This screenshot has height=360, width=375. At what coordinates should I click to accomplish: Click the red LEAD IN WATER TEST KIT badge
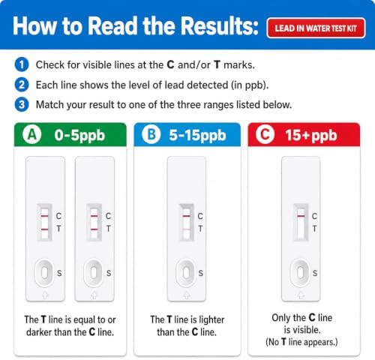(x=316, y=28)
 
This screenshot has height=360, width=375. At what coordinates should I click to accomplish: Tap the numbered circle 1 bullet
(x=22, y=64)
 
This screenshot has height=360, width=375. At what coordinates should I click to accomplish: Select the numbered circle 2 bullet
(x=22, y=85)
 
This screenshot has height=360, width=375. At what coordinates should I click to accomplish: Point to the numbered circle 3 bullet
(x=22, y=104)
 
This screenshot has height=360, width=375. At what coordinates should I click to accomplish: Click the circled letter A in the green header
(x=32, y=135)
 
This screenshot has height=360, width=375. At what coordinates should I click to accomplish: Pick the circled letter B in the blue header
(x=151, y=135)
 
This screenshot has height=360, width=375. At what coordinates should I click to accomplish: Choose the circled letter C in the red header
(x=265, y=135)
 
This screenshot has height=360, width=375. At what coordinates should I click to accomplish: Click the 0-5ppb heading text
(x=79, y=136)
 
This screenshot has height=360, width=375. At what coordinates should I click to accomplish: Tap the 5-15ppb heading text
(x=197, y=136)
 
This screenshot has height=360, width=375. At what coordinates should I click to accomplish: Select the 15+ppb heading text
(x=311, y=136)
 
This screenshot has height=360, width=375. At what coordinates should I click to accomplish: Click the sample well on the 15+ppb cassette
(x=300, y=272)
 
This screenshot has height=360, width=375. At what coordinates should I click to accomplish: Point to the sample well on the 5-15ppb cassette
(x=186, y=272)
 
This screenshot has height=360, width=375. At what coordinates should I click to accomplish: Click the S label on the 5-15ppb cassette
(x=201, y=273)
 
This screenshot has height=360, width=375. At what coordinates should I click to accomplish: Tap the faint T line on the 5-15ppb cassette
(x=187, y=229)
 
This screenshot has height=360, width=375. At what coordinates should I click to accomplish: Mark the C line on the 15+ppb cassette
(x=301, y=216)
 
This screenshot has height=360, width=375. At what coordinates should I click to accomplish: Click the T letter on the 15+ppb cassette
(x=314, y=229)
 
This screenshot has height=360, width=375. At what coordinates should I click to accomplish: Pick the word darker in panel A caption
(x=39, y=332)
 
